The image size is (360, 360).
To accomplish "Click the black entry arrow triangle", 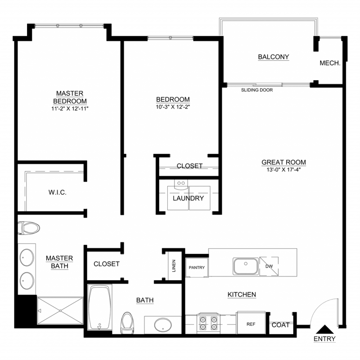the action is pyautogui.click(x=324, y=329).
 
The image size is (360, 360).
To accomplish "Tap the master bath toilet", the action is pyautogui.click(x=29, y=228).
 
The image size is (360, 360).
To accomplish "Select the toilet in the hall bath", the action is pyautogui.click(x=127, y=323).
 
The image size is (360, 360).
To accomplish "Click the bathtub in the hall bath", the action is pyautogui.click(x=99, y=308).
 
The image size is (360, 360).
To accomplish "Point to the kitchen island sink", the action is pyautogui.click(x=246, y=266).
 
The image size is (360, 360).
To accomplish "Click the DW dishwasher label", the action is pyautogui.click(x=269, y=266).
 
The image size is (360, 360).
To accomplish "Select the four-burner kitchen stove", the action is pyautogui.click(x=208, y=323).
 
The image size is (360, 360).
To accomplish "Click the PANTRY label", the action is pyautogui.click(x=197, y=268).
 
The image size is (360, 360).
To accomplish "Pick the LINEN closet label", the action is pyautogui.click(x=174, y=266).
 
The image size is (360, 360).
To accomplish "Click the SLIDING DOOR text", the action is pyautogui.click(x=257, y=90).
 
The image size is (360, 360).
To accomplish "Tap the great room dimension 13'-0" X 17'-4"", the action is pyautogui.click(x=284, y=170).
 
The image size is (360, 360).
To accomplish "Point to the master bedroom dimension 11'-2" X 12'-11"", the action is pyautogui.click(x=70, y=109).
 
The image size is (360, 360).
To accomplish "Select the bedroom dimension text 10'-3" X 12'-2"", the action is pyautogui.click(x=173, y=107).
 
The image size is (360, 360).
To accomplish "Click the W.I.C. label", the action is pyautogui.click(x=57, y=192).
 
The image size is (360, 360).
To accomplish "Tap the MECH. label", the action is pyautogui.click(x=330, y=63).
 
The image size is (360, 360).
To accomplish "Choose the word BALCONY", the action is pyautogui.click(x=274, y=57).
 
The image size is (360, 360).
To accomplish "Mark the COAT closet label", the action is pyautogui.click(x=280, y=325).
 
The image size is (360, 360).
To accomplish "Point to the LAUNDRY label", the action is pyautogui.click(x=188, y=198).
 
